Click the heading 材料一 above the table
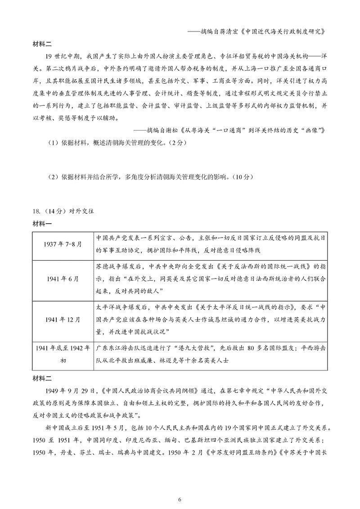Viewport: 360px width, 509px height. coord(42,224)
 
